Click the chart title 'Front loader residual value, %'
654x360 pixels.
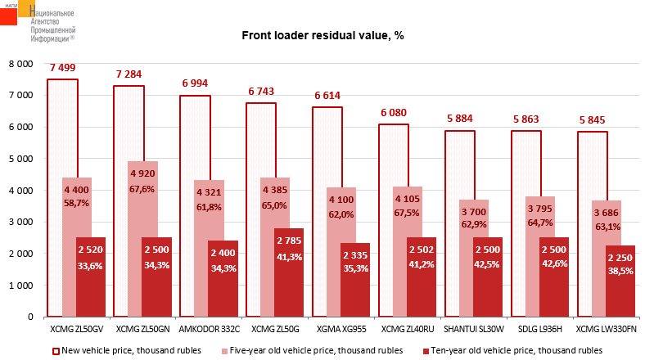coord(322,36)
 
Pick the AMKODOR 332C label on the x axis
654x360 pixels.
coord(209,330)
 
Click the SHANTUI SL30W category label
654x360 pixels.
coord(474,330)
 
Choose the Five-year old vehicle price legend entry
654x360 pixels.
coord(317,350)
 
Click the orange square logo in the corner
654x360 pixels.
coord(18,9)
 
